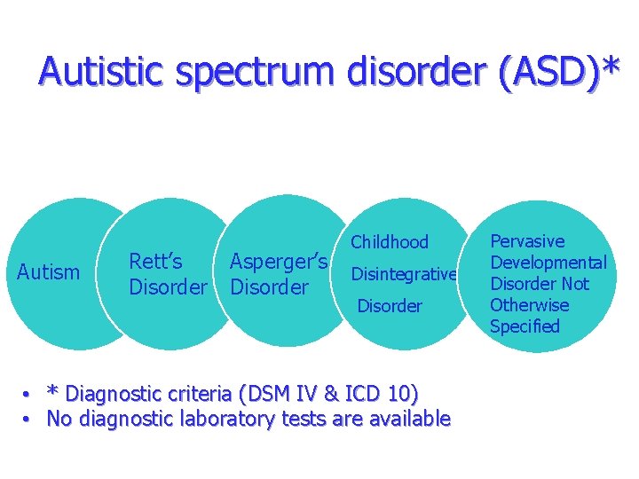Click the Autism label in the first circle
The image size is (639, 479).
pyautogui.click(x=48, y=272)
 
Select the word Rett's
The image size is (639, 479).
pyautogui.click(x=156, y=262)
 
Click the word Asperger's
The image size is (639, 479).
pyautogui.click(x=279, y=262)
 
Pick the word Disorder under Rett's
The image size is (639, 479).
pyautogui.click(x=168, y=287)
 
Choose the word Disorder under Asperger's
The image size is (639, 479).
pyautogui.click(x=269, y=287)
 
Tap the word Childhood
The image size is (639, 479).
pyautogui.click(x=390, y=242)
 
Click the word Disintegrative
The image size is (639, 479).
pyautogui.click(x=404, y=275)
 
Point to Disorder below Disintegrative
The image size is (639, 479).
pyautogui.click(x=390, y=306)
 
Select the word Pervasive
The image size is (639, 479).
pyautogui.click(x=527, y=241)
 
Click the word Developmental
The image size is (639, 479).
pyautogui.click(x=548, y=263)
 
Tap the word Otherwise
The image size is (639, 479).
pyautogui.click(x=530, y=305)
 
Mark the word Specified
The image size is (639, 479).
pyautogui.click(x=525, y=326)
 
